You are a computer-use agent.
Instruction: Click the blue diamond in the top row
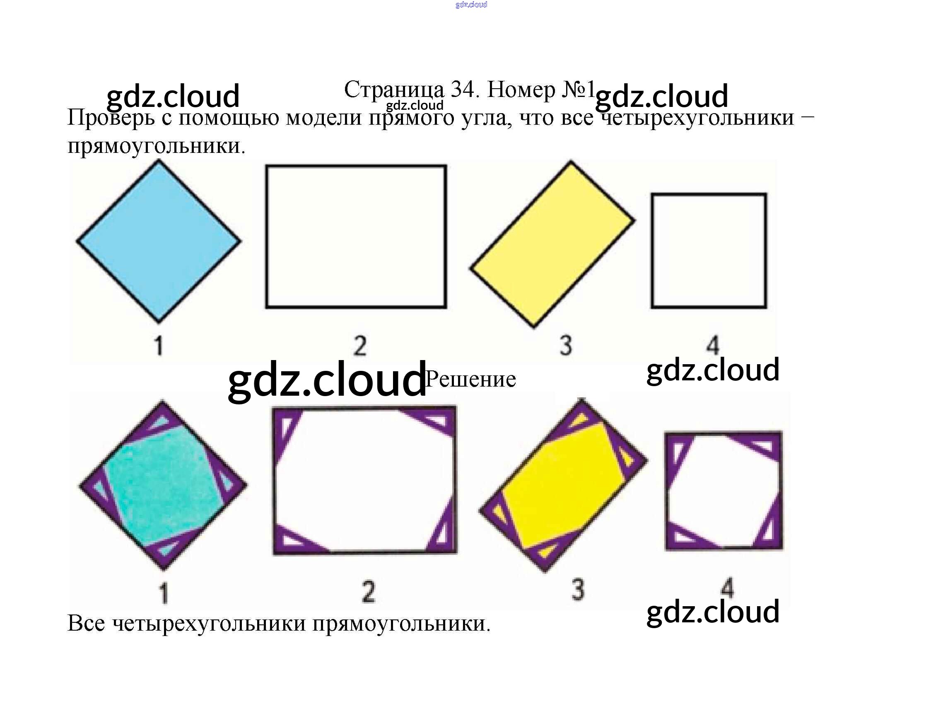tap(159, 241)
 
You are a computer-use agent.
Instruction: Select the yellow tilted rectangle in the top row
tap(552, 244)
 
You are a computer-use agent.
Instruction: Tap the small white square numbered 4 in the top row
tap(709, 251)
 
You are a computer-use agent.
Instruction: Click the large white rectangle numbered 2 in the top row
tap(356, 236)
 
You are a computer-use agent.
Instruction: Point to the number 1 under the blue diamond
tap(159, 346)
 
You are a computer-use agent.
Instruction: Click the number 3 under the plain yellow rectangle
tap(566, 345)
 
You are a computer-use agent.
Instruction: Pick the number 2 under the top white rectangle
tap(360, 346)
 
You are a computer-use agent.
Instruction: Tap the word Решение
tap(470, 379)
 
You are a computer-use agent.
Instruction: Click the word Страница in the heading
tap(394, 90)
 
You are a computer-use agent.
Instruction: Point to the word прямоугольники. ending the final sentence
tap(402, 624)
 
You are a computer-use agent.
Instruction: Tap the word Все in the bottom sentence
tap(87, 624)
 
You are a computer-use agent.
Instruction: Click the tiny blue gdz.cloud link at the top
tap(471, 5)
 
